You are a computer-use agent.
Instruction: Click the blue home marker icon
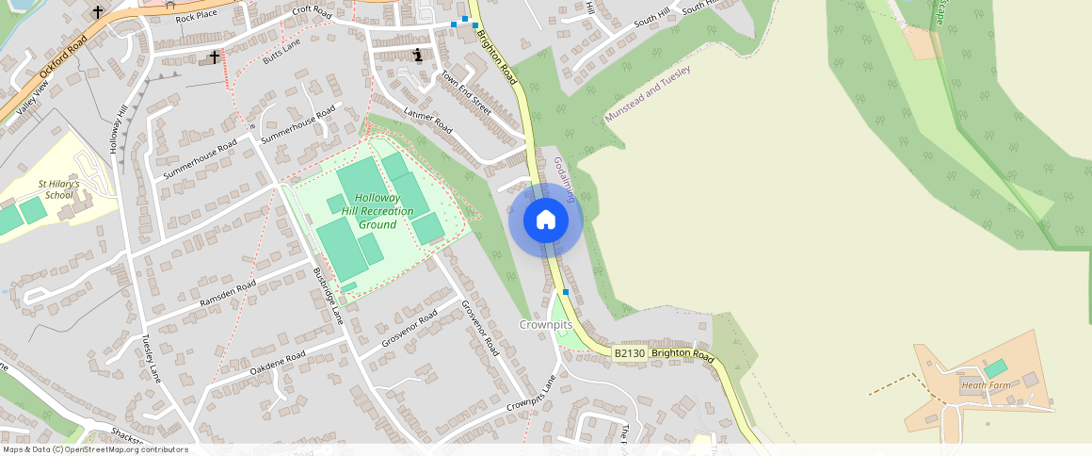coord(546,220)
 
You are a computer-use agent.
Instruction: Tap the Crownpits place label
coord(546,324)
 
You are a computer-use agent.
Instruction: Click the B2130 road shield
coord(629,353)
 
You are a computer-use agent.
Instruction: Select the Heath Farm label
coord(986,384)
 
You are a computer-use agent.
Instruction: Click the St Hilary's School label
coord(58,189)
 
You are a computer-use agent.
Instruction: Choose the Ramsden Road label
coord(227,294)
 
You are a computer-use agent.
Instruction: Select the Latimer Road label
coord(427,122)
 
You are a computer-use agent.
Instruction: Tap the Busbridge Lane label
coord(328,296)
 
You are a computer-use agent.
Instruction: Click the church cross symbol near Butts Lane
coord(214,57)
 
